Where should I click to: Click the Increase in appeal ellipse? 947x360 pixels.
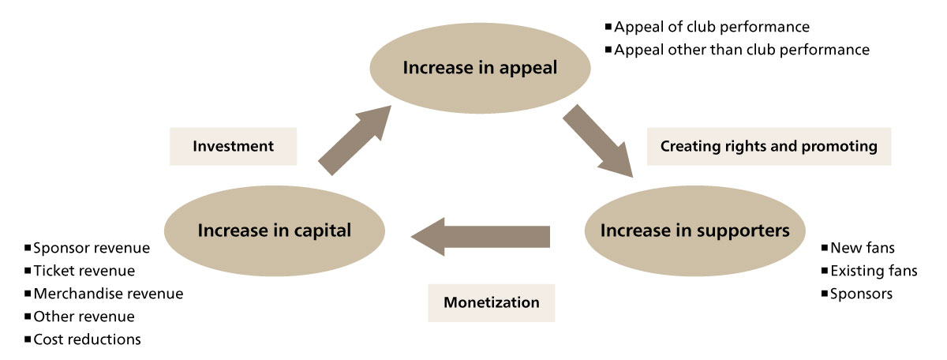pyautogui.click(x=480, y=68)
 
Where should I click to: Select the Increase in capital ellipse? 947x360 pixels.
pyautogui.click(x=274, y=231)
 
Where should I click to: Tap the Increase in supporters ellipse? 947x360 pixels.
pyautogui.click(x=694, y=231)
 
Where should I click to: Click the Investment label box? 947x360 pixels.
pyautogui.click(x=233, y=146)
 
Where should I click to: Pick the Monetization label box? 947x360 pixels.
pyautogui.click(x=491, y=302)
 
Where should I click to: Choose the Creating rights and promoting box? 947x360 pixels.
pyautogui.click(x=769, y=146)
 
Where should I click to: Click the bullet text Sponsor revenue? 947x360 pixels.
pyautogui.click(x=92, y=248)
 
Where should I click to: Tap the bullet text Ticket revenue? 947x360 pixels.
pyautogui.click(x=84, y=271)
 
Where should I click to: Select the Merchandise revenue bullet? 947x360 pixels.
pyautogui.click(x=108, y=294)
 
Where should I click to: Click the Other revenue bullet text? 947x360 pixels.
pyautogui.click(x=84, y=317)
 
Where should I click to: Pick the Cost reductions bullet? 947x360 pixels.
pyautogui.click(x=87, y=339)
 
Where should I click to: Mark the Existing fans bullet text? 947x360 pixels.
pyautogui.click(x=874, y=271)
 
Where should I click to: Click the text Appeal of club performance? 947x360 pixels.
pyautogui.click(x=712, y=27)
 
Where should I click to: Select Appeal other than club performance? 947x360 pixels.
pyautogui.click(x=742, y=50)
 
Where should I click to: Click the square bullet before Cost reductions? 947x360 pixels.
pyautogui.click(x=28, y=339)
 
